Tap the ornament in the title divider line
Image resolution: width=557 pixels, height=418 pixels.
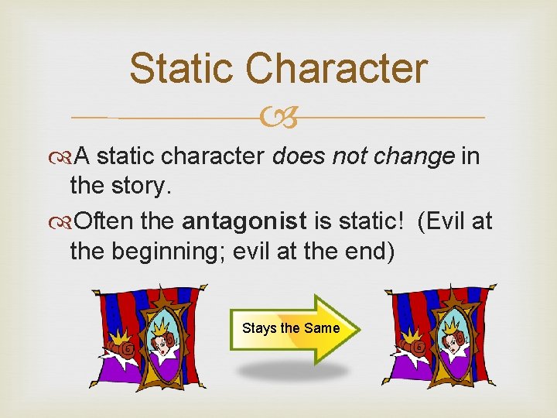(x=279, y=118)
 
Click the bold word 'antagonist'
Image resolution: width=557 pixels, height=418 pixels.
(x=245, y=222)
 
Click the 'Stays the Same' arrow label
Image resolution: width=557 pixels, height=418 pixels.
(x=291, y=328)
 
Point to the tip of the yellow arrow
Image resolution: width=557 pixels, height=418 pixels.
(x=350, y=328)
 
